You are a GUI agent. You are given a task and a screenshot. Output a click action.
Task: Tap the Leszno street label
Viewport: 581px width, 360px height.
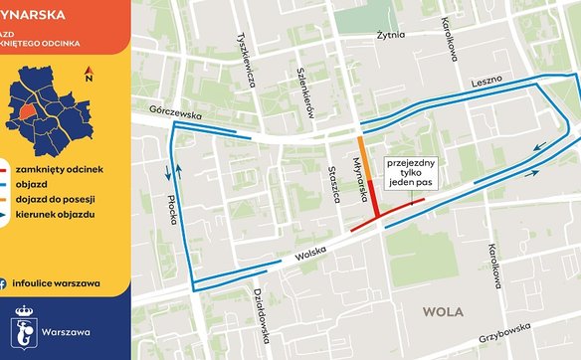pos(486,80)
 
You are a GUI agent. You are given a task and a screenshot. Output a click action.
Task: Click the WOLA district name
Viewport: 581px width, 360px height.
pos(444,311)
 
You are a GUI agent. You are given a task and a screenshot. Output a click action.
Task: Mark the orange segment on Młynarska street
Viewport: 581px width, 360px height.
pos(365,159)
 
